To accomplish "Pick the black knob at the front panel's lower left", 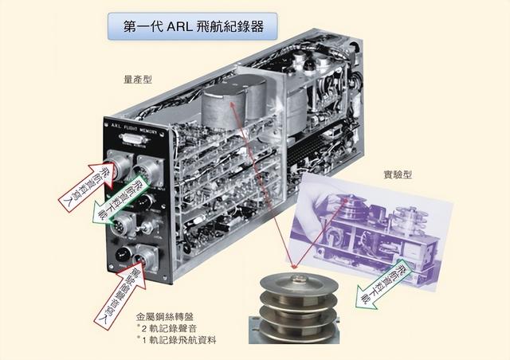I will tap(122, 254).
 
